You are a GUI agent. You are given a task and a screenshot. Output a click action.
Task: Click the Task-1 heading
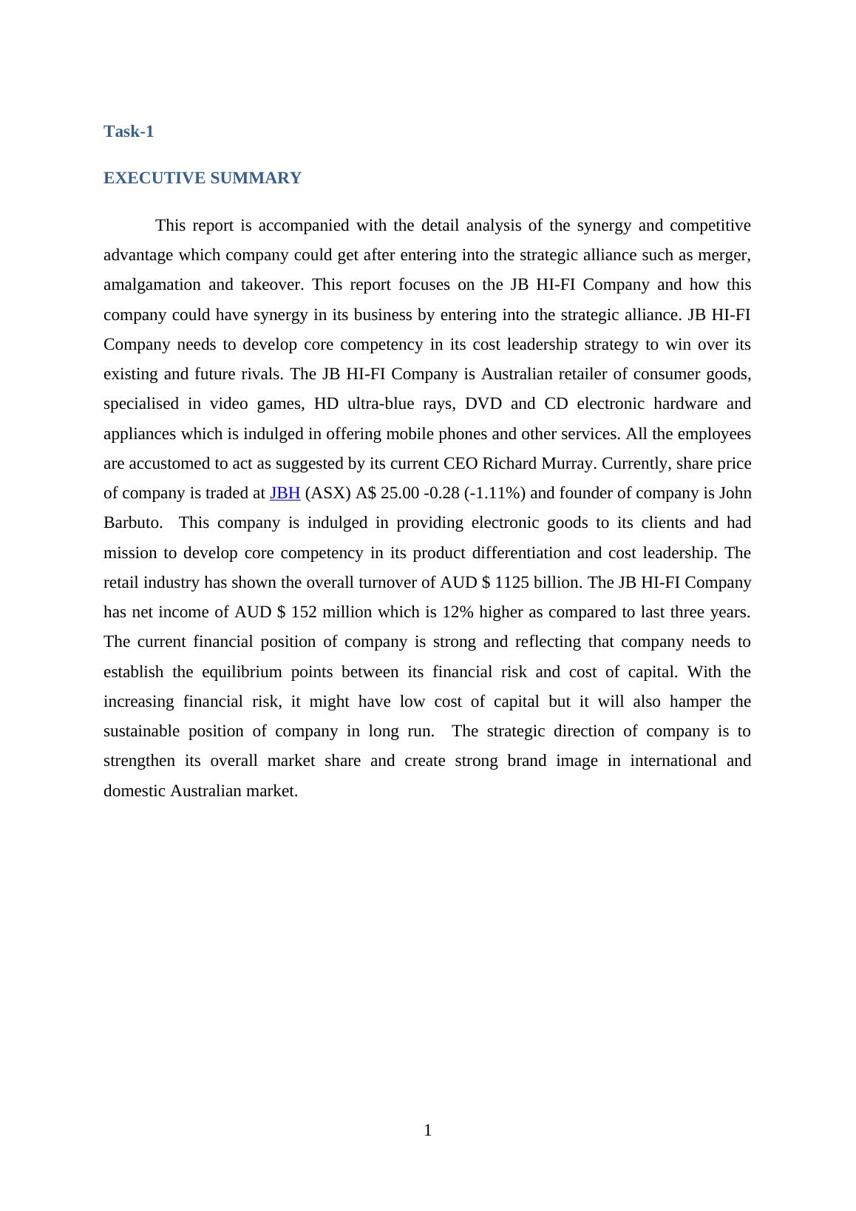point(129,132)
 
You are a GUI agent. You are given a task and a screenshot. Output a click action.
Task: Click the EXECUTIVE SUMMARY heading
point(202,178)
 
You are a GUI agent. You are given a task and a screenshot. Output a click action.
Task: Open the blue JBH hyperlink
point(285,493)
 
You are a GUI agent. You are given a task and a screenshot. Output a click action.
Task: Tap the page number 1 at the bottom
point(427,1130)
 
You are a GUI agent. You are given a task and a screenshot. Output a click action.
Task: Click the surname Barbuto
point(132,523)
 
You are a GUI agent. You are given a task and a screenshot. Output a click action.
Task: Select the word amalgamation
point(152,285)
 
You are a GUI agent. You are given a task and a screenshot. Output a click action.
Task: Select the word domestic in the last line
point(135,791)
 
